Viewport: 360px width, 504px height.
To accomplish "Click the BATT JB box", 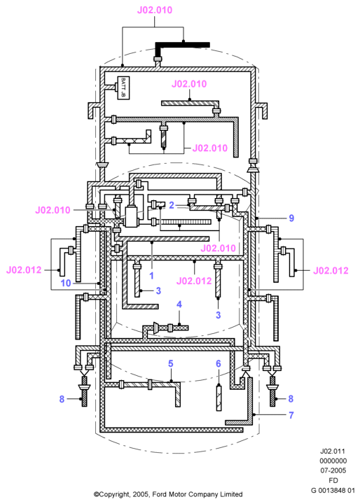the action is pyautogui.click(x=123, y=87).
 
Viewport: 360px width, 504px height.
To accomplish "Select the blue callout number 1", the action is pyautogui.click(x=151, y=276).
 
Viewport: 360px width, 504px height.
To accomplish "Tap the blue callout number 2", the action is pyautogui.click(x=172, y=205).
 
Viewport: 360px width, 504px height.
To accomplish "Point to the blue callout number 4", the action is pyautogui.click(x=179, y=304).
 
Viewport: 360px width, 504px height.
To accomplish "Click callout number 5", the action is pyautogui.click(x=170, y=363).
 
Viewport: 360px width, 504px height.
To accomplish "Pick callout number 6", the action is pyautogui.click(x=219, y=363).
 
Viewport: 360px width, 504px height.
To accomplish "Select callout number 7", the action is pyautogui.click(x=291, y=415).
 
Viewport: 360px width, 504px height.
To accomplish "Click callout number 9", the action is pyautogui.click(x=291, y=218).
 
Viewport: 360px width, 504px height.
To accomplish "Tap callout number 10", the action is pyautogui.click(x=66, y=283).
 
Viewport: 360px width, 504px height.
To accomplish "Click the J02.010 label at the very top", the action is pyautogui.click(x=155, y=10).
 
